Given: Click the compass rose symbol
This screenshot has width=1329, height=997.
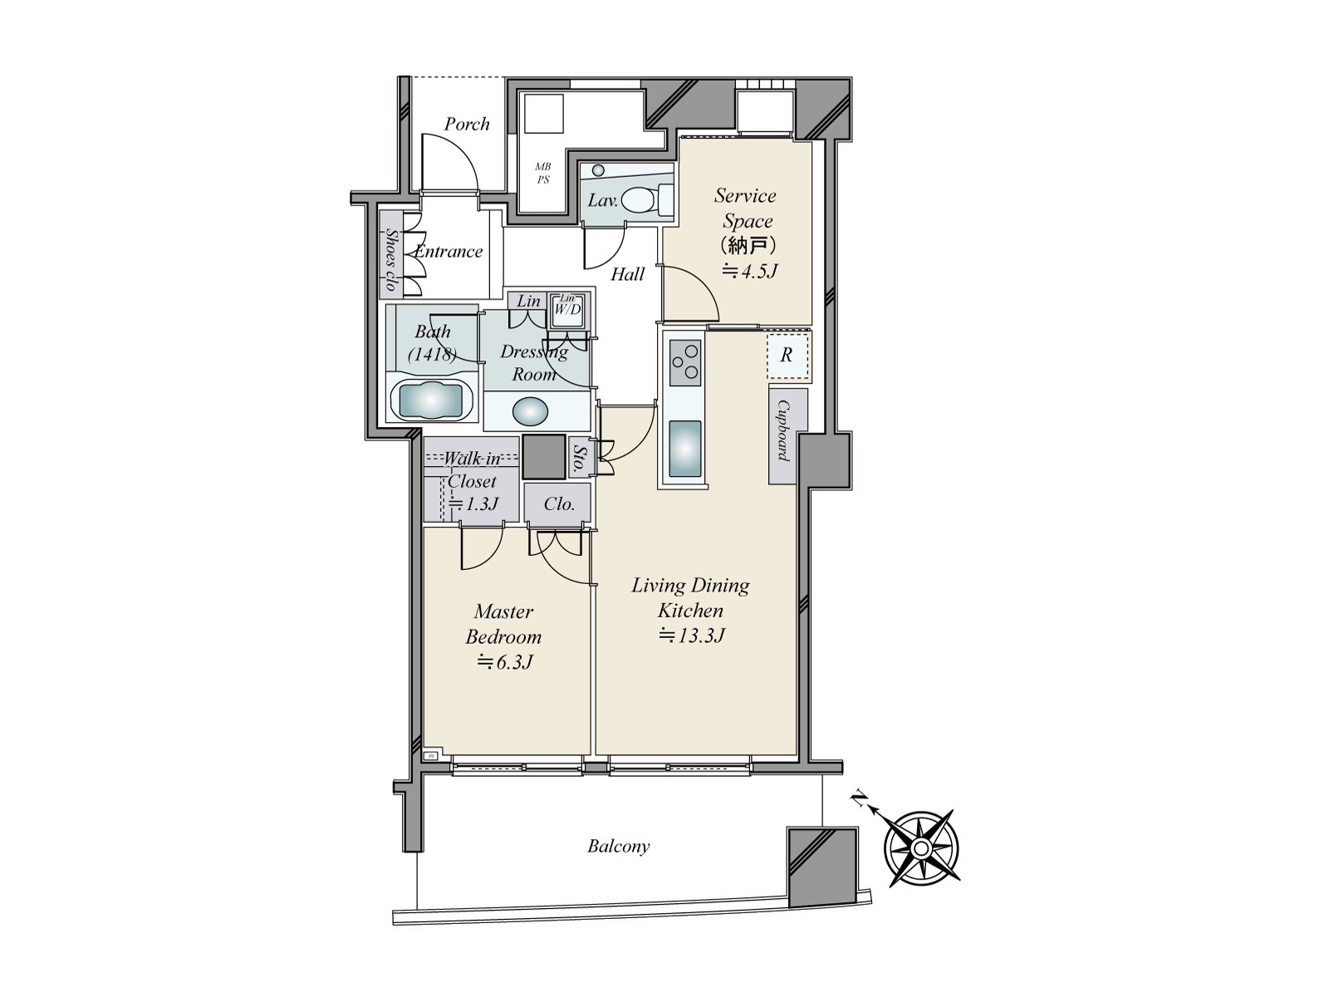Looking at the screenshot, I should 920,847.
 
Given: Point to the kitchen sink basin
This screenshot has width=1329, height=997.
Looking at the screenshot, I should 684,449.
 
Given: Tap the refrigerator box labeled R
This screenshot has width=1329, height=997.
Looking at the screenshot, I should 786,356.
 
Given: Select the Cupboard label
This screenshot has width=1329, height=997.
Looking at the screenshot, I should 782,430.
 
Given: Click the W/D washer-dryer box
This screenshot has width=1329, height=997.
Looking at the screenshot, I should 568,309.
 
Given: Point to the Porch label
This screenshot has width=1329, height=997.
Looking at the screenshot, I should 467,124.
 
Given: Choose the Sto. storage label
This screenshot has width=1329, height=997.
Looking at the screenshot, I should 578,458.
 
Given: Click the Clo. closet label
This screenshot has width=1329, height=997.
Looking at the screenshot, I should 559,504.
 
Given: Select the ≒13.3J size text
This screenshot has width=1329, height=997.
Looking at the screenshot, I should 693,636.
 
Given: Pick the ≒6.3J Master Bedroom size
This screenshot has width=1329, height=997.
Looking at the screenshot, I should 503,662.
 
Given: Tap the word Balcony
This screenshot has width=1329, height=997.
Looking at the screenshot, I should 618,847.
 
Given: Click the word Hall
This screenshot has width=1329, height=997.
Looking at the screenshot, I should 627,274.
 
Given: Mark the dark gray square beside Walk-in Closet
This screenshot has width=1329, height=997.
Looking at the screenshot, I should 544,457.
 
